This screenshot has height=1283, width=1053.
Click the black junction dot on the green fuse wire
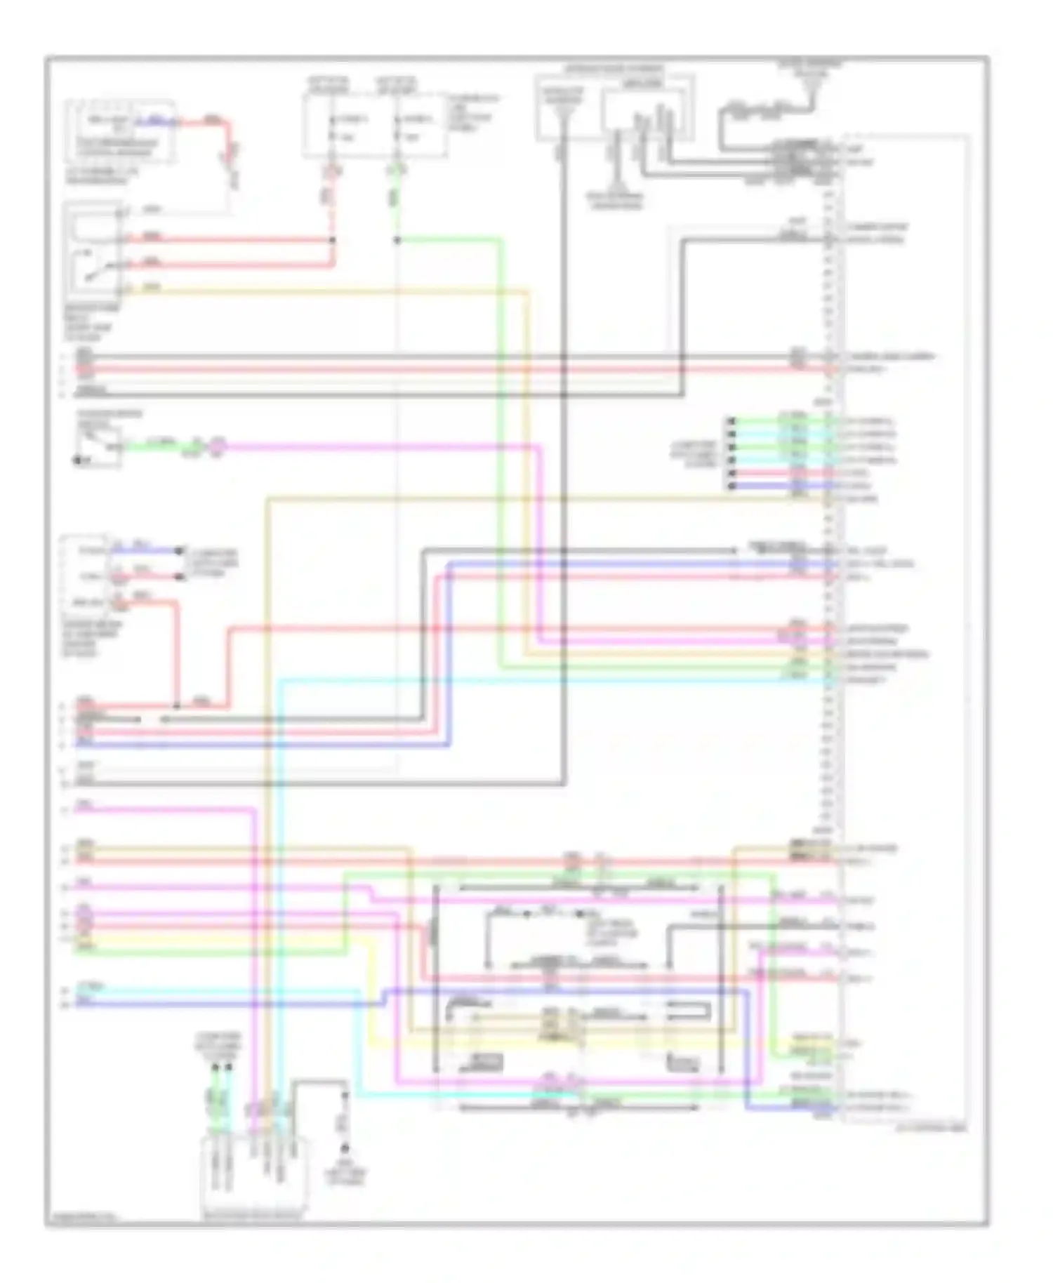click(397, 241)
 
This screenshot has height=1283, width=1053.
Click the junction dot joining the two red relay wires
click(333, 241)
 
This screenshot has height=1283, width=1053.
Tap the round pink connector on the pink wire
click(218, 445)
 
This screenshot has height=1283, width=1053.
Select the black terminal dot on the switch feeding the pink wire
click(77, 460)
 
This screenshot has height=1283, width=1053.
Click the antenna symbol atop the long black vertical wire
click(563, 112)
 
